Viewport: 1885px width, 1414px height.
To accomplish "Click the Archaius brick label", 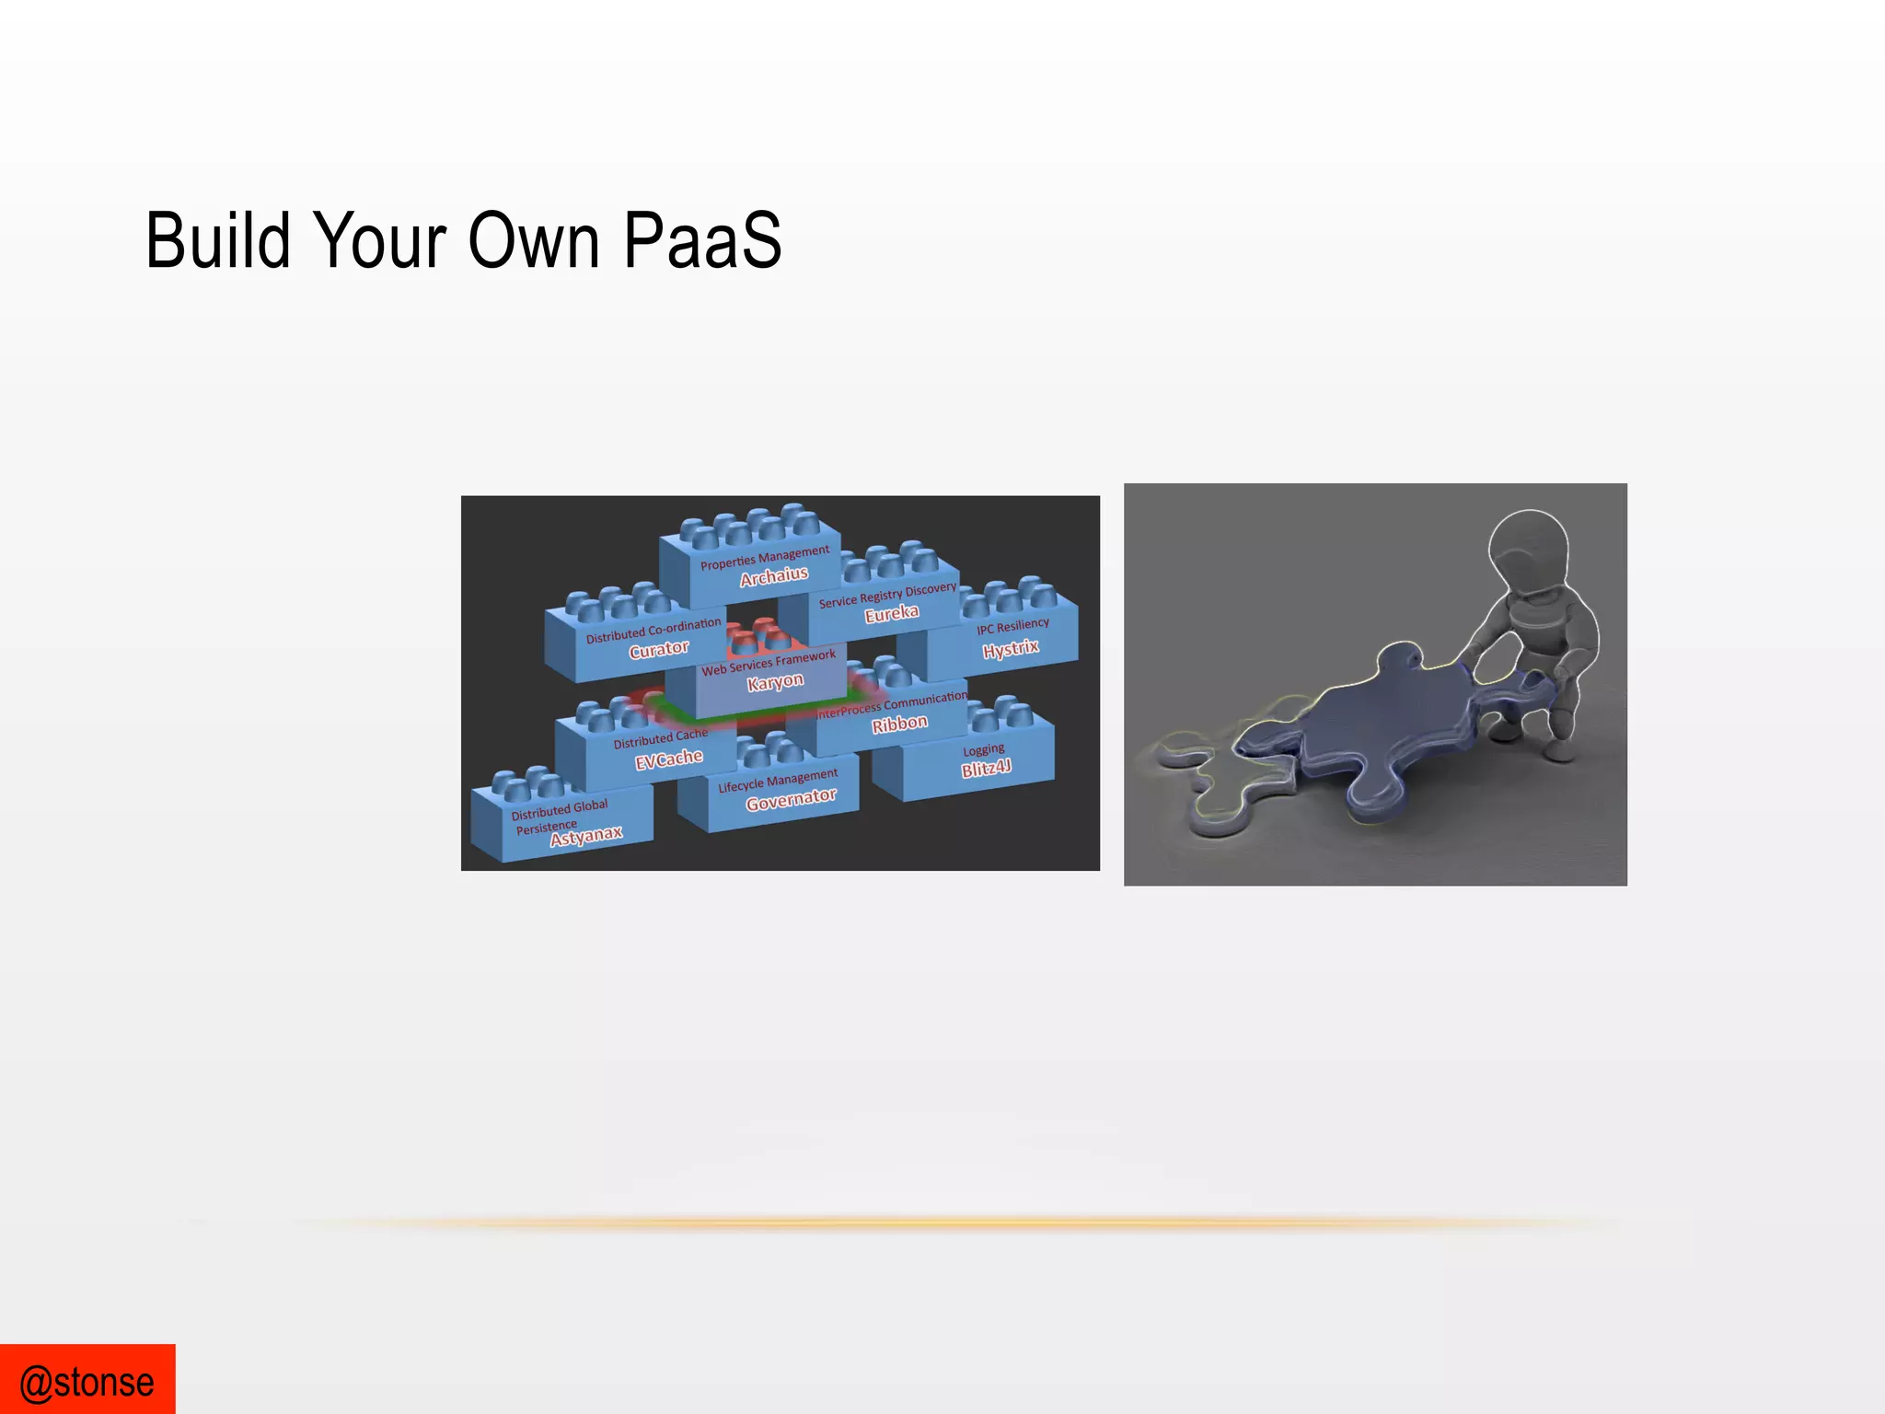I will (x=774, y=576).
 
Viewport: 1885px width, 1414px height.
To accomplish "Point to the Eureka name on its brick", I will (x=891, y=614).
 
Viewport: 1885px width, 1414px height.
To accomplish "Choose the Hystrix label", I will (x=1010, y=649).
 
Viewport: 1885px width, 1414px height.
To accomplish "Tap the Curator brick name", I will (x=658, y=650).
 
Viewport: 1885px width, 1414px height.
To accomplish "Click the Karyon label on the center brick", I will (x=775, y=682).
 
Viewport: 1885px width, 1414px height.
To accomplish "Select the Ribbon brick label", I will (x=899, y=724).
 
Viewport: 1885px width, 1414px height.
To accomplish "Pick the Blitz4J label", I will (x=986, y=768).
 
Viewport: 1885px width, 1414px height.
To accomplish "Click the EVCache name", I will (x=668, y=759).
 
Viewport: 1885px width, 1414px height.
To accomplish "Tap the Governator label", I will (x=791, y=799).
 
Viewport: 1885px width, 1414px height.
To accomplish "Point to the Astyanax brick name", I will (x=586, y=836).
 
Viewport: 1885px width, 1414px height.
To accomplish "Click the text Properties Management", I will (x=764, y=557).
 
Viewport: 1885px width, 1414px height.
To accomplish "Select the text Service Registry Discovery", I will (x=887, y=595).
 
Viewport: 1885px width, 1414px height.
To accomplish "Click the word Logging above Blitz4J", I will (x=983, y=749).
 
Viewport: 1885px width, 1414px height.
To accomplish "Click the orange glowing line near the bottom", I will (x=920, y=1223).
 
